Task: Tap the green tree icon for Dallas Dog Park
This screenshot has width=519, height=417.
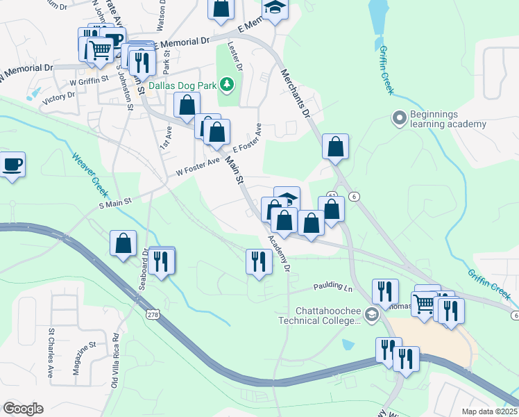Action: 226,85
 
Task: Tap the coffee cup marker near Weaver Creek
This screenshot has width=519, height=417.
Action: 12,165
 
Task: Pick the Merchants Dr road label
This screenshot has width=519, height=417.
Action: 297,93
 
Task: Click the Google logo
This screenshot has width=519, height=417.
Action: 23,409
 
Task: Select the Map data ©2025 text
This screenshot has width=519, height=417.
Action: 488,411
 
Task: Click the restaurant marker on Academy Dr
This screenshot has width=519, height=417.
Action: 259,262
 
